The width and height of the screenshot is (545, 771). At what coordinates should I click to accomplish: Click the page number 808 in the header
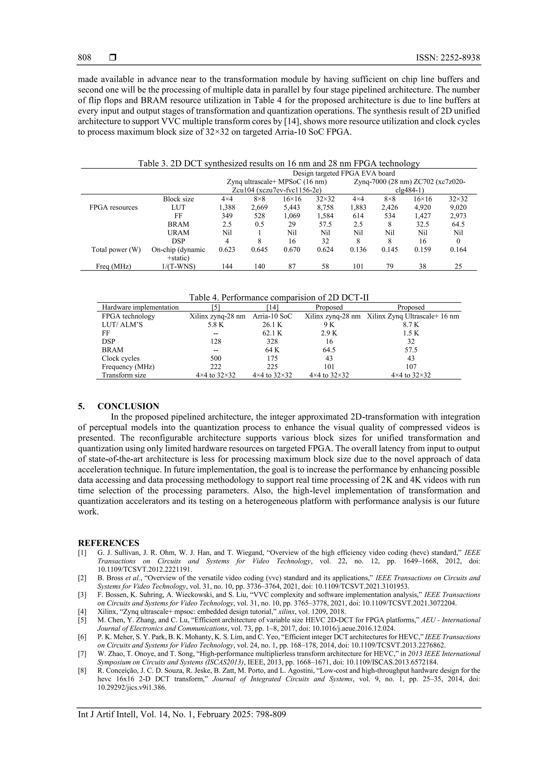(x=85, y=58)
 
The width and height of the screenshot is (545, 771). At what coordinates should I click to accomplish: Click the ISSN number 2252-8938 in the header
(x=448, y=58)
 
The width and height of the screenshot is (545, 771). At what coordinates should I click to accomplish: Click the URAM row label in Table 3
(x=178, y=233)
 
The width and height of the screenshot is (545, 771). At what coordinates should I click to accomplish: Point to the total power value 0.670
(x=292, y=249)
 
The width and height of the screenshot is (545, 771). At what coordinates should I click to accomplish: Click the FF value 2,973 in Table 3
(x=458, y=216)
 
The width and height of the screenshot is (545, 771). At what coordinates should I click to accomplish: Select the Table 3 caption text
(x=279, y=163)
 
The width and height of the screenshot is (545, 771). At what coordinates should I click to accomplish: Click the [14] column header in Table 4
(x=272, y=307)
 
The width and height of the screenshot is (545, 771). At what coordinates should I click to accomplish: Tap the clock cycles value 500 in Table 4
(x=216, y=358)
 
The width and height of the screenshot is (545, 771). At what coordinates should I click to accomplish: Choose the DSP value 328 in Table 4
(x=272, y=341)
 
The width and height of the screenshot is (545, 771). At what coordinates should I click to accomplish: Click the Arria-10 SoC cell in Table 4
(x=272, y=316)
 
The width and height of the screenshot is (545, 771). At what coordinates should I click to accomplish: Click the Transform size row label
(x=124, y=375)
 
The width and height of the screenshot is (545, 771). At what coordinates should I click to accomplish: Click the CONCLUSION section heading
(x=128, y=406)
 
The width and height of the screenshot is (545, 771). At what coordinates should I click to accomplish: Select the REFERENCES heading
(x=109, y=543)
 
